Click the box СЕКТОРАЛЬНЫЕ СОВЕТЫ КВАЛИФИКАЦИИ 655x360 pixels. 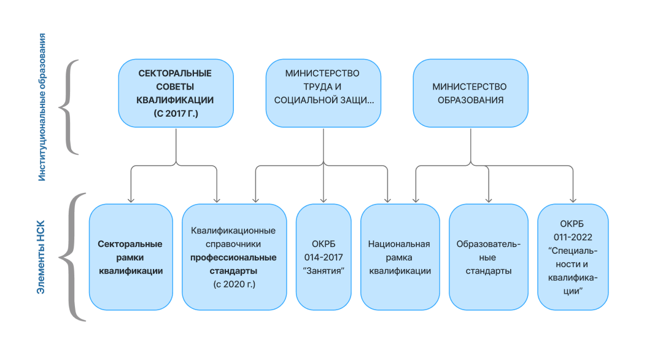176,93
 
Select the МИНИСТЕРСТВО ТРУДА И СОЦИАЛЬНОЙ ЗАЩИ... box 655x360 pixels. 323,93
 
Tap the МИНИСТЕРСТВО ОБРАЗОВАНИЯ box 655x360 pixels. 470,93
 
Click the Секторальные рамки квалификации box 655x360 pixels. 131,257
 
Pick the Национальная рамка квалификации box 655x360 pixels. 400,257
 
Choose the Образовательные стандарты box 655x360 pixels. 489,257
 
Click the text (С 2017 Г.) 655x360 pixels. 176,114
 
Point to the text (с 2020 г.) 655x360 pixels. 234,284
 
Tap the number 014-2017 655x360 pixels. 323,257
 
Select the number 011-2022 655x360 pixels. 573,236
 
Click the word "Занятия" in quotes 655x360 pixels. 323,271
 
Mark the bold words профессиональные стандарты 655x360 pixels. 234,264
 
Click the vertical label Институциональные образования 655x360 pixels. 42,108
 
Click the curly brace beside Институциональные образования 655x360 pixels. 68,108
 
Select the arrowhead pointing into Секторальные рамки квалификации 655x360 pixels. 131,200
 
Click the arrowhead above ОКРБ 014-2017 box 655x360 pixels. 323,200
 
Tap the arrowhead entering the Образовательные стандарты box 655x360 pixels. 489,200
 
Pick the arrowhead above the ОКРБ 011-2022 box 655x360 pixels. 573,200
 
